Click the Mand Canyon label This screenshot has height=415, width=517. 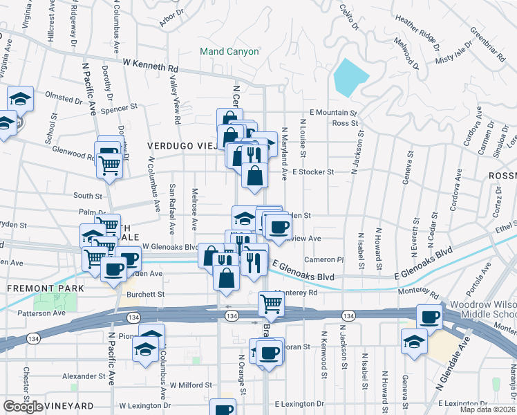[229, 51]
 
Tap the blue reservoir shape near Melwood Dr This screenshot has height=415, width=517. [350, 76]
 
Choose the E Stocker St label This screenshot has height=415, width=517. [313, 172]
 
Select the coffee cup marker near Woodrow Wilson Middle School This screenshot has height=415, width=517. [431, 317]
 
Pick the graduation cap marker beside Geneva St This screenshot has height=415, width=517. [414, 342]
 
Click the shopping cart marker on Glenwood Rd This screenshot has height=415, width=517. [109, 165]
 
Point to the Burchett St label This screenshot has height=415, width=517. [145, 294]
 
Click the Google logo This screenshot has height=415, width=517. [23, 407]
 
